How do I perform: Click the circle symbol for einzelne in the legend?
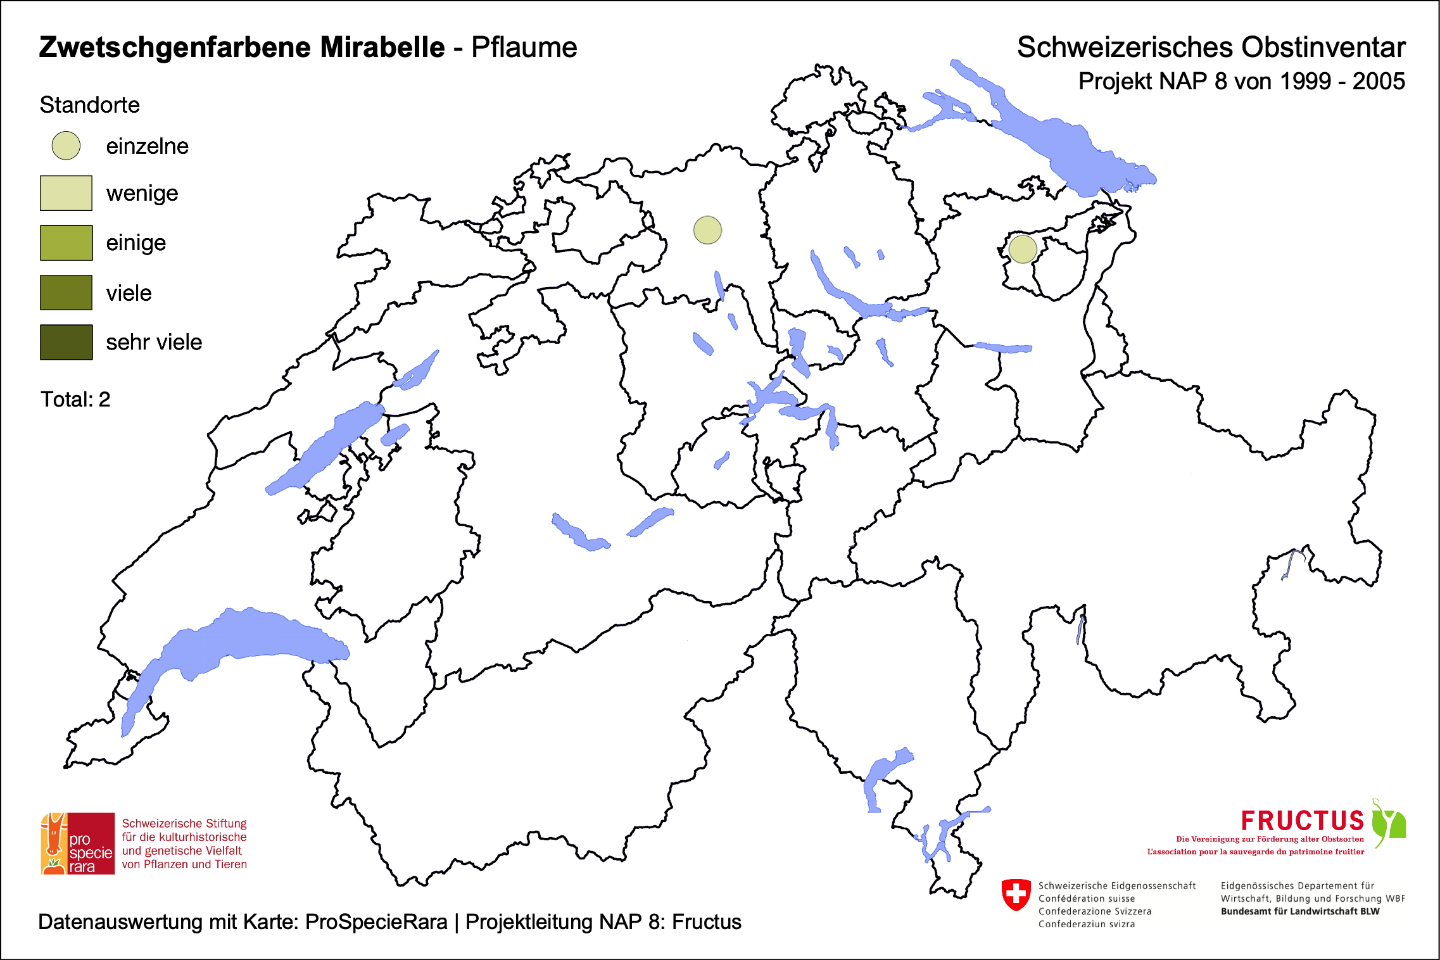click(66, 146)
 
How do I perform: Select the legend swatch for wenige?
click(66, 193)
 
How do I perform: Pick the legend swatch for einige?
click(66, 243)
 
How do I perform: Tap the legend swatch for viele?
click(66, 293)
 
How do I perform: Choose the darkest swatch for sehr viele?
click(66, 342)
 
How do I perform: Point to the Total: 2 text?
click(75, 400)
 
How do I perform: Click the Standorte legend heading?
click(89, 105)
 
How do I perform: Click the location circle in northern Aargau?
click(707, 230)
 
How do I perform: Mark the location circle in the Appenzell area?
click(1022, 249)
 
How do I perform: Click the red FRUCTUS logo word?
click(1302, 821)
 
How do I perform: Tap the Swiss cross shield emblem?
click(1016, 894)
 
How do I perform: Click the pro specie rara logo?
click(78, 843)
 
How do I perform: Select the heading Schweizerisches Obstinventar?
click(1211, 47)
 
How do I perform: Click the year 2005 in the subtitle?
click(1379, 82)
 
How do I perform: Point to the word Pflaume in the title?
click(524, 47)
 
